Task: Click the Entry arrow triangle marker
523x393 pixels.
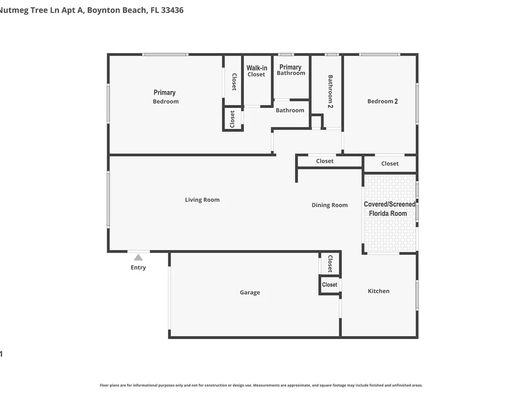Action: tap(139, 257)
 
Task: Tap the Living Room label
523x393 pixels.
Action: tap(202, 200)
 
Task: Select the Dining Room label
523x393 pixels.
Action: tap(329, 205)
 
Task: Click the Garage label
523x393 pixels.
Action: tap(250, 292)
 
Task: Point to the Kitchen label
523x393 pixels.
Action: tap(379, 291)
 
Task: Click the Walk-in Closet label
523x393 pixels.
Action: tap(256, 71)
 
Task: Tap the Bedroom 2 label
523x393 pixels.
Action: tap(383, 101)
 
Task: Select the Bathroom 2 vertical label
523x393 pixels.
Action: tap(330, 91)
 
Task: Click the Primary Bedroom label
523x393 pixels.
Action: tap(165, 96)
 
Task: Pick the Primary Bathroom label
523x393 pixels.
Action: tap(291, 70)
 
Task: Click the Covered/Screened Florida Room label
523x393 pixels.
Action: tap(389, 209)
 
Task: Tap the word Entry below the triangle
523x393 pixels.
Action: tap(139, 267)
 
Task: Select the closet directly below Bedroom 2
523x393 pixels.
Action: tap(390, 163)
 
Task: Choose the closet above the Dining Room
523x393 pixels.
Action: tap(325, 161)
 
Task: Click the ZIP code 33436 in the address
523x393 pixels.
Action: tap(172, 10)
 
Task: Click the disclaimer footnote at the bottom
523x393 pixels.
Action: tap(261, 385)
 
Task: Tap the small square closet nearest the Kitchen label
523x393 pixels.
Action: tap(329, 285)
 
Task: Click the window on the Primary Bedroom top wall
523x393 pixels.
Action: tap(165, 54)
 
